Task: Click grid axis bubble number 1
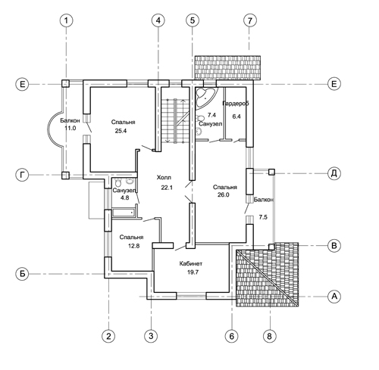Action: (67, 20)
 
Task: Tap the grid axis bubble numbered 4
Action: (158, 20)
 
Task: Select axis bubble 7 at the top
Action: (250, 20)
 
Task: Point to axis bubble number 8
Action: (270, 336)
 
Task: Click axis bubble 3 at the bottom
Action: (151, 336)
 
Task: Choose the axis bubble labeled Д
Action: (334, 173)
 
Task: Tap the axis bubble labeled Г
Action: (22, 175)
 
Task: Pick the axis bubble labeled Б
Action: (22, 274)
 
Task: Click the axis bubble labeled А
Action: (334, 297)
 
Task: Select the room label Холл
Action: (164, 178)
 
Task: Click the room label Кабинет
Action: (191, 264)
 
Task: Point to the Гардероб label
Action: (236, 104)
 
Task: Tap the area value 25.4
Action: (121, 131)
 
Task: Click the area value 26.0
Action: (224, 194)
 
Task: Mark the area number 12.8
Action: (134, 246)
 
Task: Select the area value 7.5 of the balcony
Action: (263, 217)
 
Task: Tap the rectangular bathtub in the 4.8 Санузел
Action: (123, 213)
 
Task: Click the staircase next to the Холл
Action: (174, 121)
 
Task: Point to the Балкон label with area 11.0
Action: (70, 120)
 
